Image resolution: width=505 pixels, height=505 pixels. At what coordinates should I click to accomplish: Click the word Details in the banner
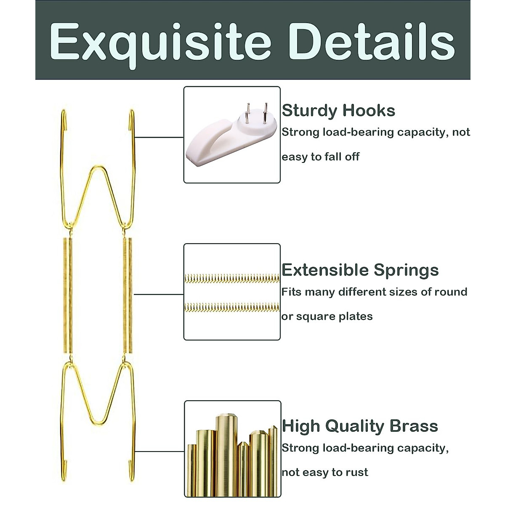[372, 42]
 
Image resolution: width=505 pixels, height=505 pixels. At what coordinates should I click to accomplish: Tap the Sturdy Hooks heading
[338, 111]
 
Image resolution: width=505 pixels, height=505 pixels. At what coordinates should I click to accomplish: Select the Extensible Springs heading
[360, 270]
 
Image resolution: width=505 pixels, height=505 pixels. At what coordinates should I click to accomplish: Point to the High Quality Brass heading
[360, 426]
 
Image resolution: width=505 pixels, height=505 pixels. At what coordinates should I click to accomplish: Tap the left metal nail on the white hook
[248, 111]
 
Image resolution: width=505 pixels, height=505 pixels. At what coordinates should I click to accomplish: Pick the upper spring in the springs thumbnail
[232, 278]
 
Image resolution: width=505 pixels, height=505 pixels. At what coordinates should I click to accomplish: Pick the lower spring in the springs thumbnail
[232, 308]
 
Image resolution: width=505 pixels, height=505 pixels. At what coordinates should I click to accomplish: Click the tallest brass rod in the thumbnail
[227, 454]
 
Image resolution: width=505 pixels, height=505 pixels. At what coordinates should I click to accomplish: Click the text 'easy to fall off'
[320, 157]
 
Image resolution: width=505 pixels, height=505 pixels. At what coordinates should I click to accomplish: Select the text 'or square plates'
[327, 316]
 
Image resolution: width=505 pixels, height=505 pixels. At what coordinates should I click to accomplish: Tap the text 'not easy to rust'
[325, 472]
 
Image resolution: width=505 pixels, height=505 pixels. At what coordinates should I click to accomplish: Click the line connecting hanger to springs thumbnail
[158, 294]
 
